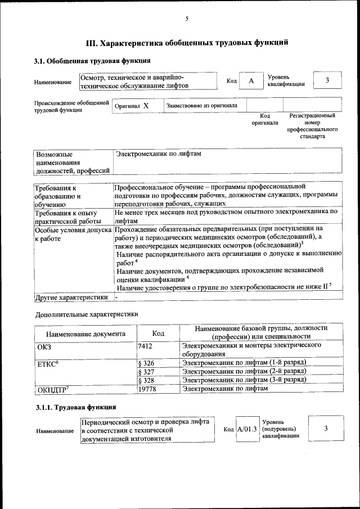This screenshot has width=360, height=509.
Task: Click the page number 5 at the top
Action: tap(187, 19)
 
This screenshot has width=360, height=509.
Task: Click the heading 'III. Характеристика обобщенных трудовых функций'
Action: tap(187, 42)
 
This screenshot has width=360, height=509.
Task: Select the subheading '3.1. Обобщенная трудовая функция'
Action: tap(92, 61)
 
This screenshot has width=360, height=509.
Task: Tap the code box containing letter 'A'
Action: tap(251, 81)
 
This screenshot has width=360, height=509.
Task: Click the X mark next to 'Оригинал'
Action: tap(146, 106)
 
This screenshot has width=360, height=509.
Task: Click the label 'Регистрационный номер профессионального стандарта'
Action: tap(312, 126)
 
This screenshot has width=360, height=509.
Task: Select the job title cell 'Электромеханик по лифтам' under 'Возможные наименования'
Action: tap(158, 154)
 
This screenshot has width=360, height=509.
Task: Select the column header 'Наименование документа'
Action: tap(86, 333)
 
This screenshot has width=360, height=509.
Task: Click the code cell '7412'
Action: tap(145, 346)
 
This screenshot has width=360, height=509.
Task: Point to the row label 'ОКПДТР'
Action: tap(53, 389)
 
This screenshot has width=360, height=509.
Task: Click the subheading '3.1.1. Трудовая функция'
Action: tap(75, 406)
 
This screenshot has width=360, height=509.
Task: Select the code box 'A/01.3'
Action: tap(247, 429)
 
